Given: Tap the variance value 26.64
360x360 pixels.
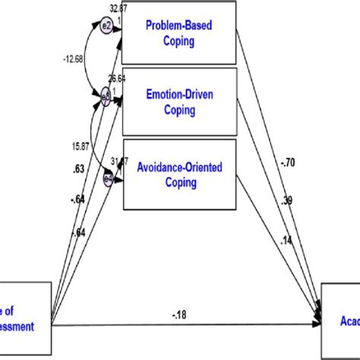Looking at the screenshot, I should [x=117, y=78].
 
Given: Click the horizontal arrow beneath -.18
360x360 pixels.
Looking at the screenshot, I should [x=182, y=324].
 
